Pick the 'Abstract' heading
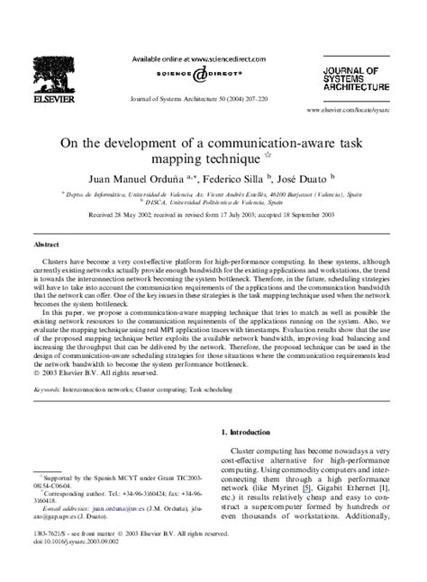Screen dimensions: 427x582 48,243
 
